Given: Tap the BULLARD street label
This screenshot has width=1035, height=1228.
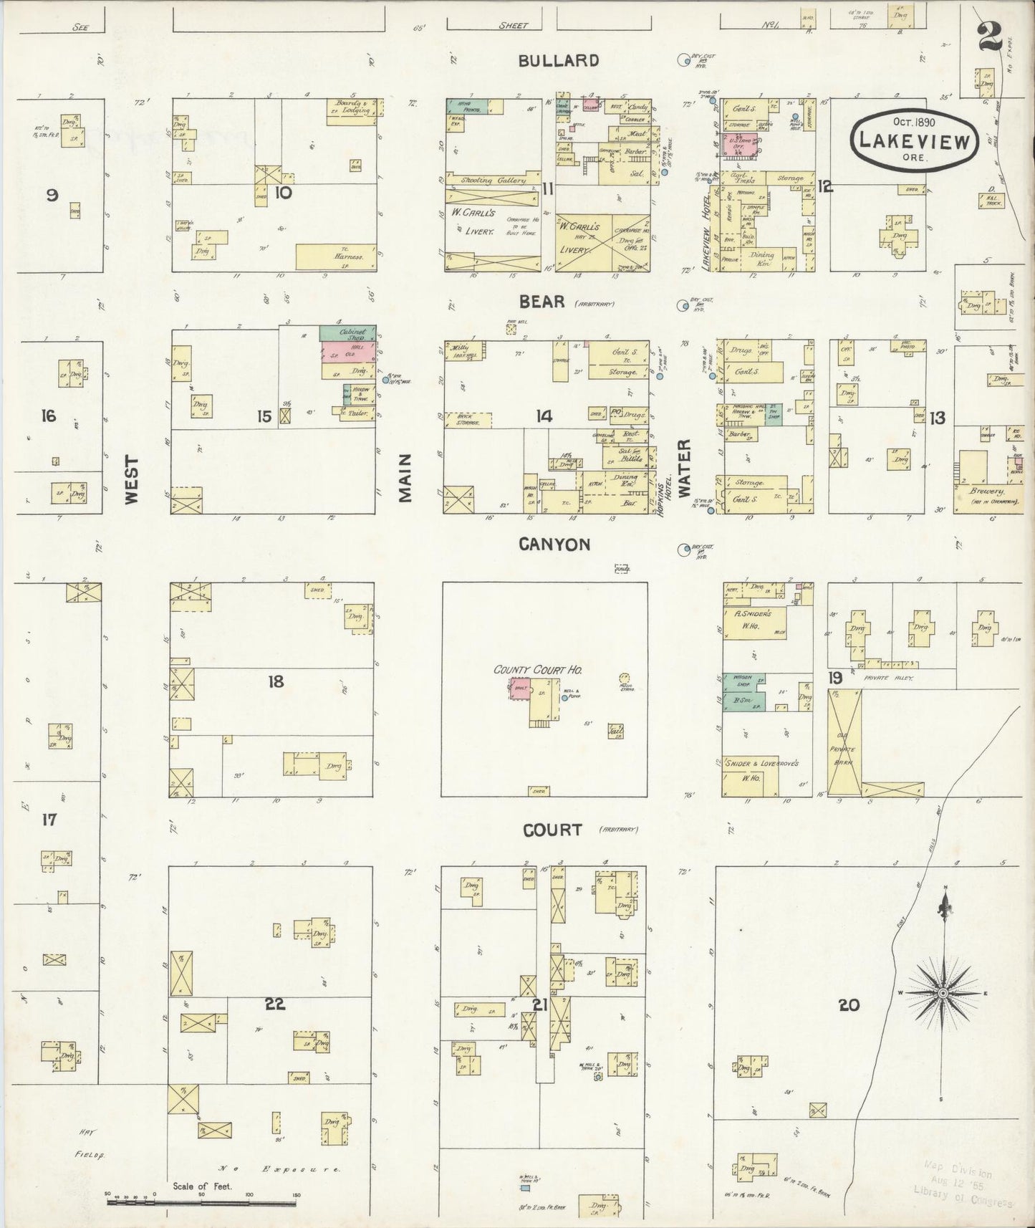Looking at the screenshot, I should pos(558,61).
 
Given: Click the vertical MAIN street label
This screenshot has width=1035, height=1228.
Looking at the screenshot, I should pos(405,478).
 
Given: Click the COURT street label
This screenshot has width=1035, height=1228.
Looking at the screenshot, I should pos(552,830).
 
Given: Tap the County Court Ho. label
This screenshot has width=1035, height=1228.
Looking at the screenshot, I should pos(537,670).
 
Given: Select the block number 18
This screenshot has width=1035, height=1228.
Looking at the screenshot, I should pos(276,681).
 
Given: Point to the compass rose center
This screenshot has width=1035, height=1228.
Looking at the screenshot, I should pos(943,993).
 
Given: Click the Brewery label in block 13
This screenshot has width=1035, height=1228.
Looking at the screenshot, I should pos(988,491).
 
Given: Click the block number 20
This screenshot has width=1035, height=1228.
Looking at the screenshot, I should pos(848,1005).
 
